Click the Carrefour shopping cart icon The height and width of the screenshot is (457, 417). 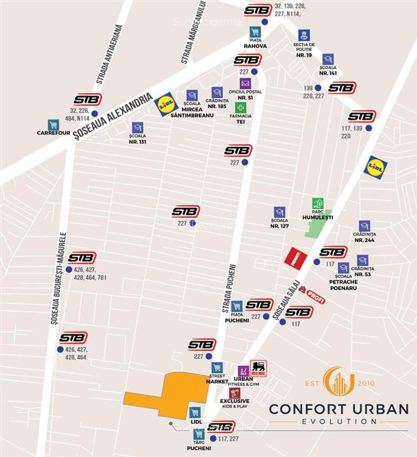pyautogui.click(x=53, y=125)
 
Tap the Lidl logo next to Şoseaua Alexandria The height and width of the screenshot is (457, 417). pyautogui.click(x=166, y=104)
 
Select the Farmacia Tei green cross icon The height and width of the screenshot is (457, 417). pyautogui.click(x=241, y=108)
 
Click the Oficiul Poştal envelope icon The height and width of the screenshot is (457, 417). pyautogui.click(x=245, y=84)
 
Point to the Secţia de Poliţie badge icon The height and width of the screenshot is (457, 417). pyautogui.click(x=304, y=36)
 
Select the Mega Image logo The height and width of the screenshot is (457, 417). pyautogui.click(x=259, y=368)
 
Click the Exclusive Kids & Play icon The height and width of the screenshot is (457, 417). pyautogui.click(x=235, y=393)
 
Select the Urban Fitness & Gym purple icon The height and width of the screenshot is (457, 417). pyautogui.click(x=243, y=371)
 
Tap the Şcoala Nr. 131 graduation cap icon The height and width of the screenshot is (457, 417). pyautogui.click(x=137, y=127)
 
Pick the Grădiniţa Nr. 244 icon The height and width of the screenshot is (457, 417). pyautogui.click(x=364, y=226)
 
